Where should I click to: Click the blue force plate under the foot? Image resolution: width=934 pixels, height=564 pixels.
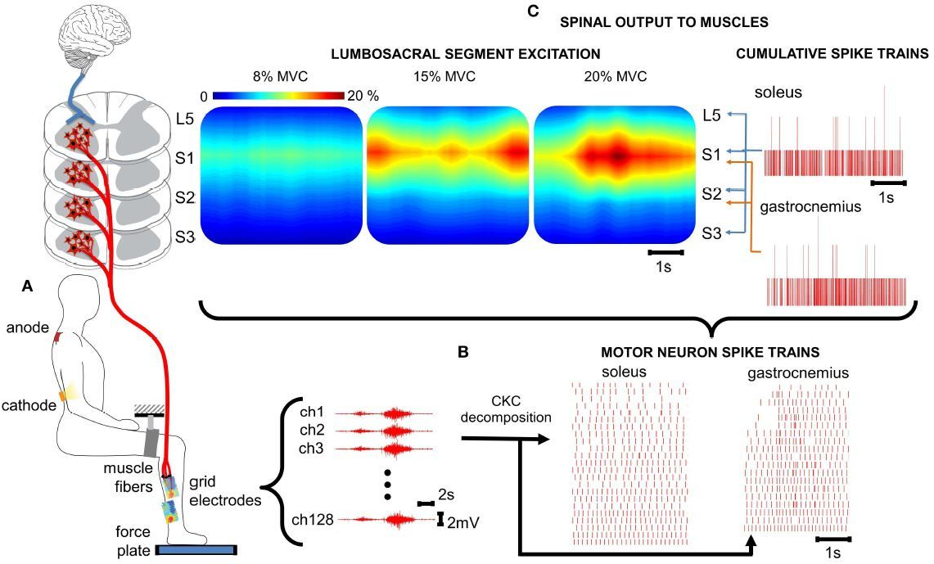196,550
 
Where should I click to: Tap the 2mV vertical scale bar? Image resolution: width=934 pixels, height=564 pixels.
440,520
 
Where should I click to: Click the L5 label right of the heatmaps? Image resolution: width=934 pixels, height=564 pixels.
711,115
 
